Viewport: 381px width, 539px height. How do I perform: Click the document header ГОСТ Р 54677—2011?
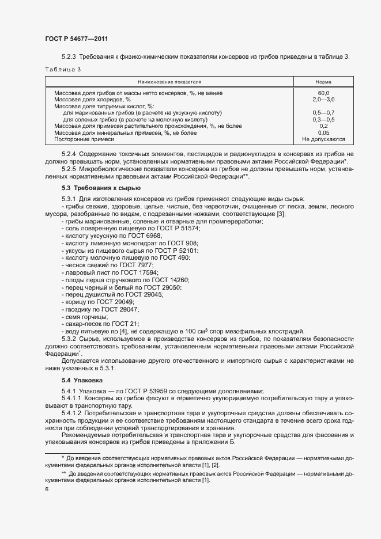(76, 39)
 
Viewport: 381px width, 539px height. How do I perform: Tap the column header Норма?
(323, 82)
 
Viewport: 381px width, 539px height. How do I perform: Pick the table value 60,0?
(323, 93)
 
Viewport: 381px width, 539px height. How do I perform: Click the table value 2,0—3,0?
(323, 100)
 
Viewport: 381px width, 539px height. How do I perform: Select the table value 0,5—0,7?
(323, 112)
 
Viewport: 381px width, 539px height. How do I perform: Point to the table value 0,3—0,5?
(323, 119)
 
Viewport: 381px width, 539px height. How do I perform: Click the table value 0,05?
(323, 132)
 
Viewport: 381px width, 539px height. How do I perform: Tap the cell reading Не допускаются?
(323, 139)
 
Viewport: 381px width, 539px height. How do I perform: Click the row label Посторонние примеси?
(84, 139)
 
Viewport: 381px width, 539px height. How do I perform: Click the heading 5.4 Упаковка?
(82, 381)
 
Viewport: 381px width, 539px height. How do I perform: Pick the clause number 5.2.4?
(69, 155)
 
